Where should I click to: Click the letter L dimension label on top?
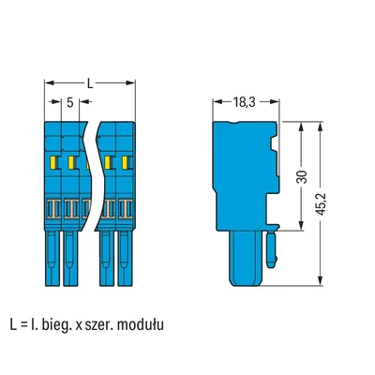[x=90, y=83]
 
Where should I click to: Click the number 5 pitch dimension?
[x=69, y=103]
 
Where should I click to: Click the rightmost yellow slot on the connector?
[x=124, y=165]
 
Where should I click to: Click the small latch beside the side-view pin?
[x=272, y=249]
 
